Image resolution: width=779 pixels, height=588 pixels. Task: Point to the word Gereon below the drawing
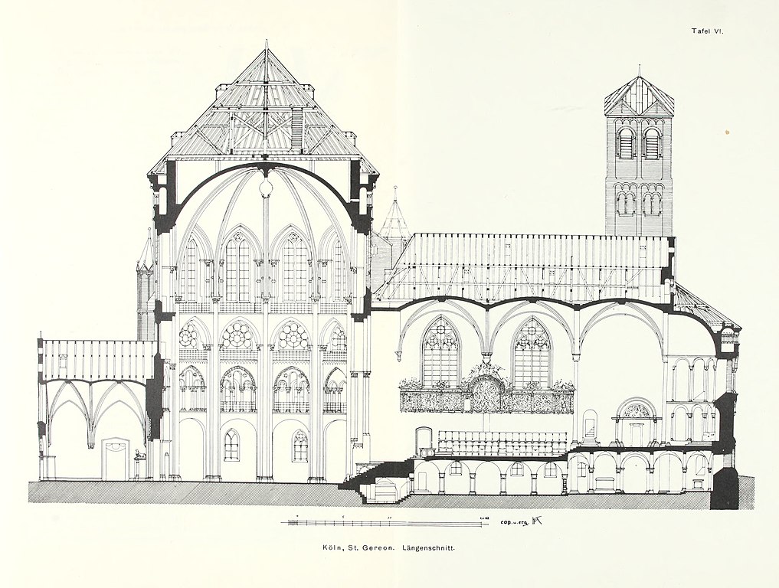pos(380,548)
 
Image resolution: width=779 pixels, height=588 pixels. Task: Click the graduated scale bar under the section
pos(383,523)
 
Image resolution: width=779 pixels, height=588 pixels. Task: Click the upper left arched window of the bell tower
pos(625,142)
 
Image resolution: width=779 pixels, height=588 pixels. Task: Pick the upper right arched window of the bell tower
pos(652,142)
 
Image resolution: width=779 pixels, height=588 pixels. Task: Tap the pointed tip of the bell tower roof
pos(639,70)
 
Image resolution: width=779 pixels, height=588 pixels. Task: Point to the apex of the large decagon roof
pos(266,44)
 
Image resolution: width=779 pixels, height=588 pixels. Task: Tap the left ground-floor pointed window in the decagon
pos(231,445)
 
